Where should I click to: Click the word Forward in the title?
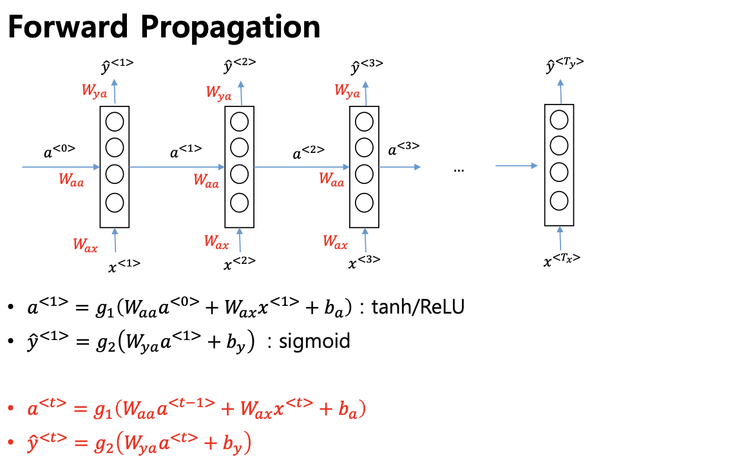pos(68,26)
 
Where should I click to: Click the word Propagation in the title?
pos(231,28)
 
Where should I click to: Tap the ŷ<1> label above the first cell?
pos(117,66)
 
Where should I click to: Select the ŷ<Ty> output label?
pos(564,65)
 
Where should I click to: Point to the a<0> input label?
pos(59,151)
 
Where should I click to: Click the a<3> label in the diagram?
pos(403,148)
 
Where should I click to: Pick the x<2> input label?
pos(239,263)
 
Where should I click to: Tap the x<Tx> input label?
pos(562,260)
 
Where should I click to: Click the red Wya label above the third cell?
pos(347,91)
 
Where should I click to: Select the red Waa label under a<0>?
pos(72,180)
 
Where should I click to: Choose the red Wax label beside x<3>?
pos(335,242)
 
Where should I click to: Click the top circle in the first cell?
pos(115,122)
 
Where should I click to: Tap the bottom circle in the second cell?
pos(239,203)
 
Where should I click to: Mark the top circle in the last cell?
pos(559,119)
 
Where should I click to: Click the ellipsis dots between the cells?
pos(459,170)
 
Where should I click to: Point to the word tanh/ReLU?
pos(418,307)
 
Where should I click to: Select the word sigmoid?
pos(314,341)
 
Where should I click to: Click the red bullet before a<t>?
pos(11,408)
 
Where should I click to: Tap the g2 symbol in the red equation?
pos(104,444)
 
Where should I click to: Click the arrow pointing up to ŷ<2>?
pos(241,93)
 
